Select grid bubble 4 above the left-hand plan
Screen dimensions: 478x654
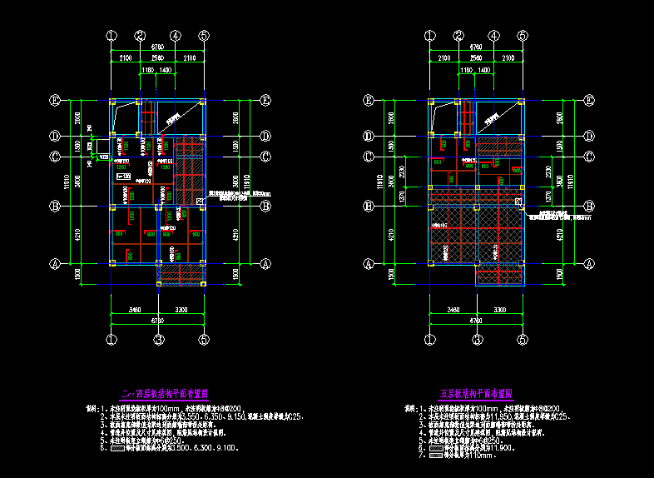coord(175,36)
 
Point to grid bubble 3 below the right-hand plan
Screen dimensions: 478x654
coord(476,340)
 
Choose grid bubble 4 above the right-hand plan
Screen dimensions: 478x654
coord(494,36)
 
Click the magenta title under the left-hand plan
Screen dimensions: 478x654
coord(165,391)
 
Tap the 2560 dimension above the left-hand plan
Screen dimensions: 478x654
coord(157,57)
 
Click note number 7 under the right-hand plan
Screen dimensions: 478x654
coord(423,455)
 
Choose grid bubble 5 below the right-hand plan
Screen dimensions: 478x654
coord(522,340)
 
